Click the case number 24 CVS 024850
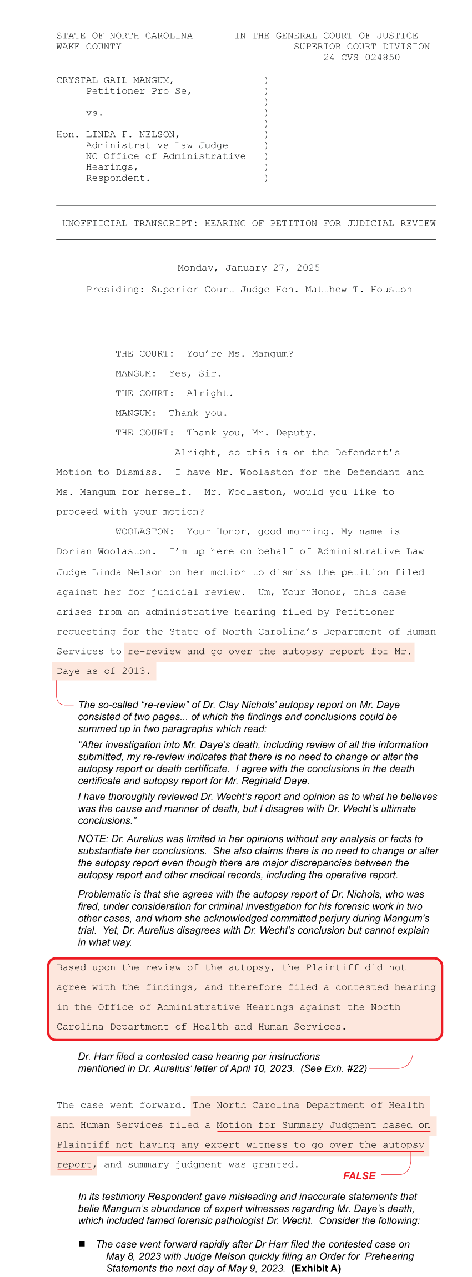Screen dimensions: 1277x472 pyautogui.click(x=361, y=57)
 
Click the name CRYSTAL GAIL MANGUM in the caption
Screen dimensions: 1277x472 pyautogui.click(x=115, y=80)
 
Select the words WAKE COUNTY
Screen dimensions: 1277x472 pyautogui.click(x=89, y=47)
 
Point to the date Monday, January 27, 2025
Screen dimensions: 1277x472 pyautogui.click(x=249, y=268)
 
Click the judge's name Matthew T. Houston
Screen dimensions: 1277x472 pyautogui.click(x=358, y=290)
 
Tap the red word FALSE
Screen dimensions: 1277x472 pyautogui.click(x=359, y=1175)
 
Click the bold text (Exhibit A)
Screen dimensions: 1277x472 pyautogui.click(x=316, y=1268)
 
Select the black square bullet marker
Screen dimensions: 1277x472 pyautogui.click(x=82, y=1244)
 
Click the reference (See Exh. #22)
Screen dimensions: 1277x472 pyautogui.click(x=334, y=1068)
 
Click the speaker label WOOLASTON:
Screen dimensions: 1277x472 pyautogui.click(x=144, y=531)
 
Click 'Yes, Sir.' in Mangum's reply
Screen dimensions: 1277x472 pyautogui.click(x=195, y=374)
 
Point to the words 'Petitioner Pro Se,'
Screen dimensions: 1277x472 pyautogui.click(x=139, y=92)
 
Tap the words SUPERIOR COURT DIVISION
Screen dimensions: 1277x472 pyautogui.click(x=361, y=47)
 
